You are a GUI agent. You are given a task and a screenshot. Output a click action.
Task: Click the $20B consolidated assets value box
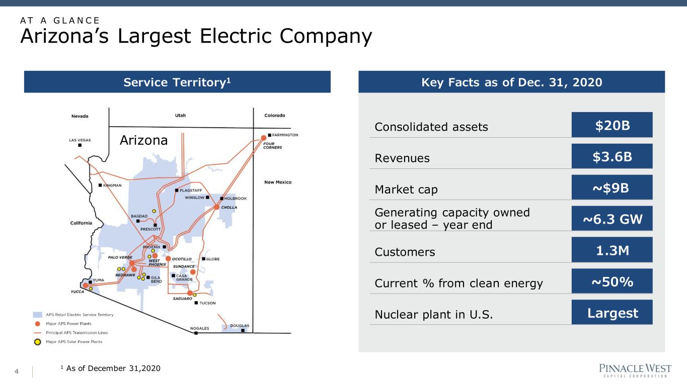tap(612, 125)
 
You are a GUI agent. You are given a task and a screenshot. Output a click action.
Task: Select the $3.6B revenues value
tap(612, 156)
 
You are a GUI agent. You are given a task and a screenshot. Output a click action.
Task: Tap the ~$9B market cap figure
tap(612, 187)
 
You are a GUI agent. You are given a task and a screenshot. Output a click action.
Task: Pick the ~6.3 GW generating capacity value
tap(612, 219)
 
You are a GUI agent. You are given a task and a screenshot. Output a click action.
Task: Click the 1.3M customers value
tap(612, 250)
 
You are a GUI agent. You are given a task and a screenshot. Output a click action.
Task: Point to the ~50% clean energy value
tap(612, 281)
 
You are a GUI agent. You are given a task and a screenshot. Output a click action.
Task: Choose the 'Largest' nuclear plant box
tap(612, 312)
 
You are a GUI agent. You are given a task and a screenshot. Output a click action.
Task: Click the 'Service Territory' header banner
tap(177, 82)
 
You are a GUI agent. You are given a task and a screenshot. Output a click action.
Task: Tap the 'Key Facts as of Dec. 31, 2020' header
tap(511, 82)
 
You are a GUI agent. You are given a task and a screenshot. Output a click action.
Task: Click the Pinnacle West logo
tap(635, 370)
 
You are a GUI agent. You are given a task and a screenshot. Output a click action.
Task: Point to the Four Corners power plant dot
tap(263, 138)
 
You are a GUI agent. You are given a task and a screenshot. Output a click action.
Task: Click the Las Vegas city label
tap(80, 140)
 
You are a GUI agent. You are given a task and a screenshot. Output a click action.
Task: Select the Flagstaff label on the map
tap(191, 190)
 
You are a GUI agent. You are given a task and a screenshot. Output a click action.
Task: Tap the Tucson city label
tap(208, 303)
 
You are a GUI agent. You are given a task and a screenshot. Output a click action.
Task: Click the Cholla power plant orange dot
tap(216, 207)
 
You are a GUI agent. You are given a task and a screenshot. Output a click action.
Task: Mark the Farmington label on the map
tap(285, 135)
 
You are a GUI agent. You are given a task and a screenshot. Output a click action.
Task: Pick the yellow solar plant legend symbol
tap(37, 342)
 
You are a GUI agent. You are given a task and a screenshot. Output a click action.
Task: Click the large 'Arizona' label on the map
tap(143, 140)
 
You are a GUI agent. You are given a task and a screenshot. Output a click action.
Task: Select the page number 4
tap(17, 371)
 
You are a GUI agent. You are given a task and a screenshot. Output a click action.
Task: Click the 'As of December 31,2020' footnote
tap(113, 368)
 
